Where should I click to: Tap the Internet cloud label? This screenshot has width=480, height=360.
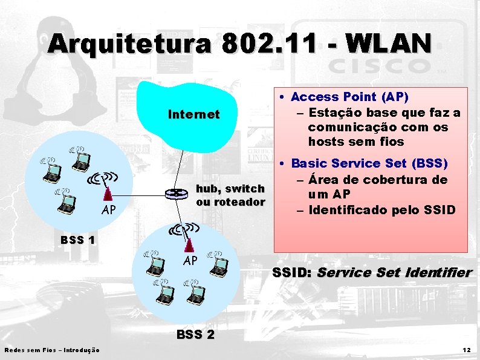pyautogui.click(x=193, y=114)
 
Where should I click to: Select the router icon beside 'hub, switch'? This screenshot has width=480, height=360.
pyautogui.click(x=177, y=194)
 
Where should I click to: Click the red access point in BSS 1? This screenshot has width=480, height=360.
pyautogui.click(x=107, y=194)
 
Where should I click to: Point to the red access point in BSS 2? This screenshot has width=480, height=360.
pyautogui.click(x=189, y=244)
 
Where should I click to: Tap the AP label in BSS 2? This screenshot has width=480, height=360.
pyautogui.click(x=190, y=261)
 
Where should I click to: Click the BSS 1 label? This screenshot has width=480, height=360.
pyautogui.click(x=77, y=240)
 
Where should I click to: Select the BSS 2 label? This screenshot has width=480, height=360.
pyautogui.click(x=195, y=335)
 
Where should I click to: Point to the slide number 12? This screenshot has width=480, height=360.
pyautogui.click(x=466, y=350)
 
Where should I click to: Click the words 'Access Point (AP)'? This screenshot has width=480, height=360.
pyautogui.click(x=349, y=97)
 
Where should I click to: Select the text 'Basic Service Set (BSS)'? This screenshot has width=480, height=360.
pyautogui.click(x=369, y=163)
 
